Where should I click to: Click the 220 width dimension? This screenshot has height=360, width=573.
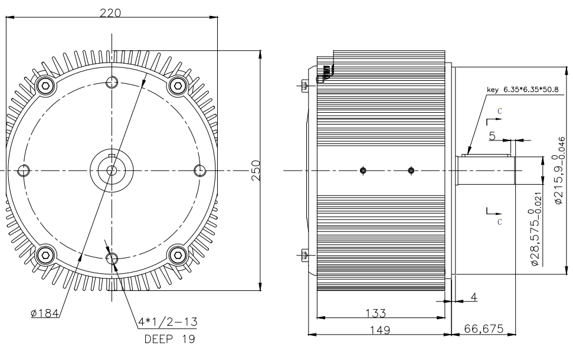coord(110,11)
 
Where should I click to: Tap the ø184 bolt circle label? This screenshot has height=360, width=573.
coord(44,313)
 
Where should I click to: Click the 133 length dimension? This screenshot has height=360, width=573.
coord(381,312)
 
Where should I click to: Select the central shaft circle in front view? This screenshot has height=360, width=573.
coord(111,171)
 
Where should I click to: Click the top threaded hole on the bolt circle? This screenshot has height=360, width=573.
coord(111,82)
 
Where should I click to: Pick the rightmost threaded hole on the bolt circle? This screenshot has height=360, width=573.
coord(199,171)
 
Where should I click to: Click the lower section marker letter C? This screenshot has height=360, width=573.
coord(500,221)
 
